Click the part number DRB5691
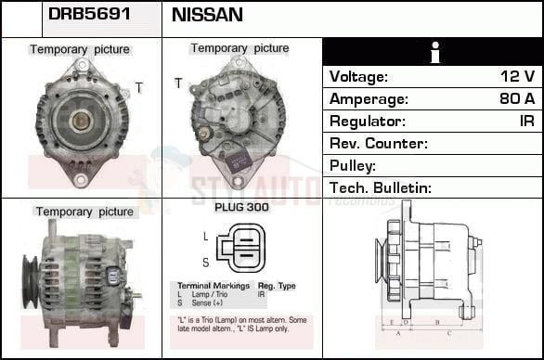pyautogui.click(x=89, y=16)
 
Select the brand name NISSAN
pyautogui.click(x=208, y=16)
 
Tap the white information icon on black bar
pyautogui.click(x=433, y=52)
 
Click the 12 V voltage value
pyautogui.click(x=517, y=77)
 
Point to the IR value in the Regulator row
pyautogui.click(x=526, y=122)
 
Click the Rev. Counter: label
pyautogui.click(x=378, y=144)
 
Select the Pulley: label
pyautogui.click(x=353, y=166)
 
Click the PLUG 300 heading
pyautogui.click(x=241, y=208)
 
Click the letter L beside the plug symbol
pyautogui.click(x=205, y=237)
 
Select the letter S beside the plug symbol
pyautogui.click(x=205, y=262)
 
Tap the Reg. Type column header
pyautogui.click(x=276, y=287)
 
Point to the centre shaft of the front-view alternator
pyautogui.click(x=82, y=118)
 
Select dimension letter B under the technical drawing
pyautogui.click(x=436, y=324)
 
